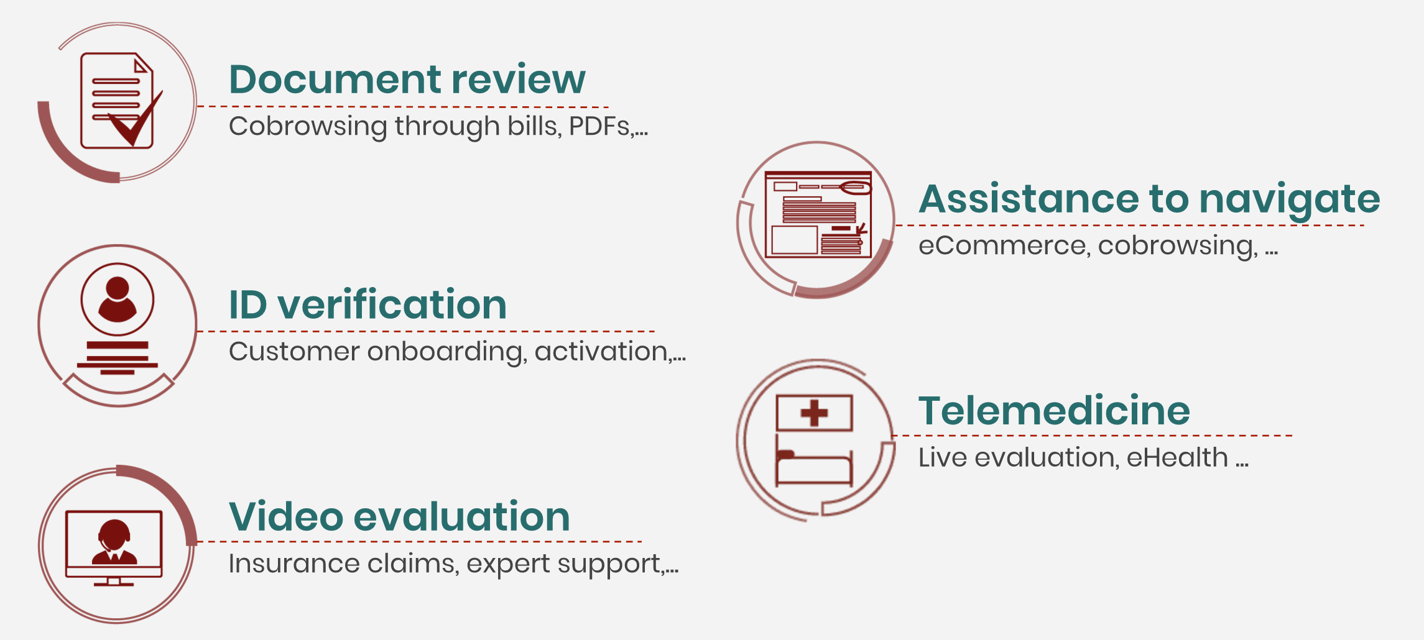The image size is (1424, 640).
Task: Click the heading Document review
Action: click(x=407, y=79)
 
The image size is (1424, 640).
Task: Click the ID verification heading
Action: click(x=368, y=304)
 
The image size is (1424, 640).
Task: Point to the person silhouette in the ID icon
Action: click(x=117, y=299)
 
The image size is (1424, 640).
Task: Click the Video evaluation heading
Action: click(x=399, y=516)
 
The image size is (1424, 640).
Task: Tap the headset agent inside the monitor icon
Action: click(x=114, y=542)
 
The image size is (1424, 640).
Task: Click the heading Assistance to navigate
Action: click(x=1149, y=199)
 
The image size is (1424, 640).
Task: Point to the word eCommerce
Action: click(x=1002, y=245)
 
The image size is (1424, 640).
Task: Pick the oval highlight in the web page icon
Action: click(x=855, y=187)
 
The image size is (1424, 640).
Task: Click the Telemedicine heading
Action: click(x=1054, y=411)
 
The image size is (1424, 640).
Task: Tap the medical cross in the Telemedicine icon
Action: click(x=814, y=413)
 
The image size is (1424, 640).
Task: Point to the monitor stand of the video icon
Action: click(x=113, y=582)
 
